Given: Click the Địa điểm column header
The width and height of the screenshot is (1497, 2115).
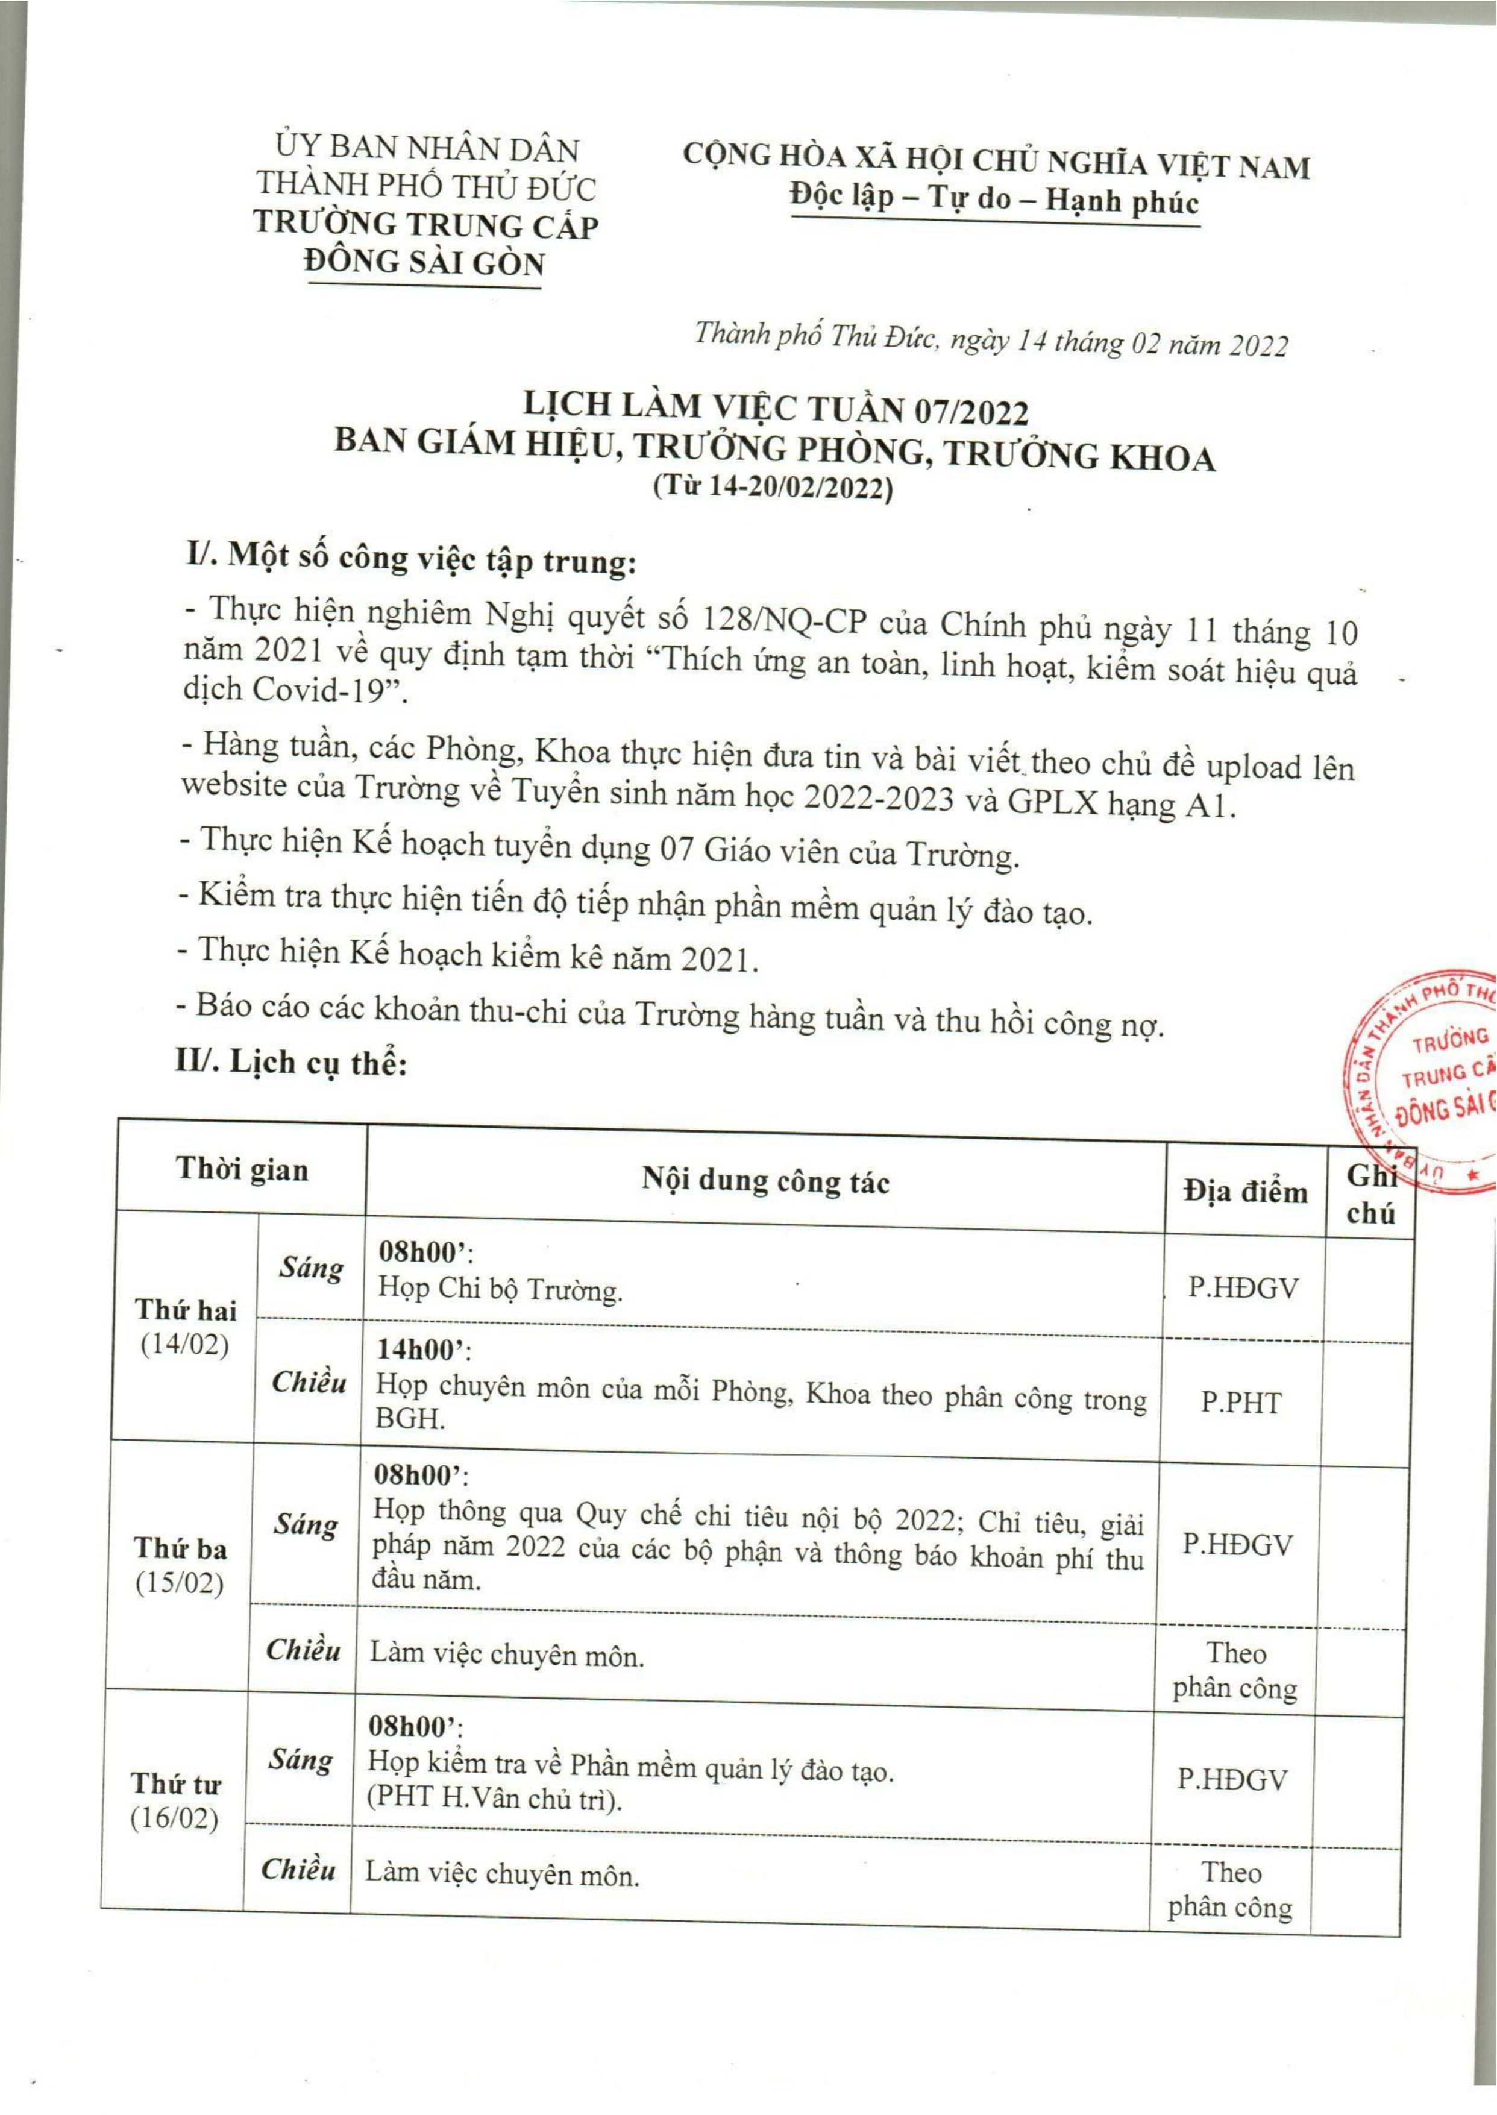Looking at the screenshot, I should tap(1245, 1191).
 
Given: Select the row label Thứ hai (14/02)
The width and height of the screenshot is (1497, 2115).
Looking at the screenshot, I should tap(185, 1326).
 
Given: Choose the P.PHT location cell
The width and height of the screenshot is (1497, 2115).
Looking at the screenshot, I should tap(1241, 1403).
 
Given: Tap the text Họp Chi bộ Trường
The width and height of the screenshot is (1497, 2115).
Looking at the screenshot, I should tap(501, 1289).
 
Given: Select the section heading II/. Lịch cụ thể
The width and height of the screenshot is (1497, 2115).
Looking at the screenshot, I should tap(291, 1062).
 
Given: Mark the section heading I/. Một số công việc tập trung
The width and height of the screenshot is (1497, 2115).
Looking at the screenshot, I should tap(410, 558).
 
